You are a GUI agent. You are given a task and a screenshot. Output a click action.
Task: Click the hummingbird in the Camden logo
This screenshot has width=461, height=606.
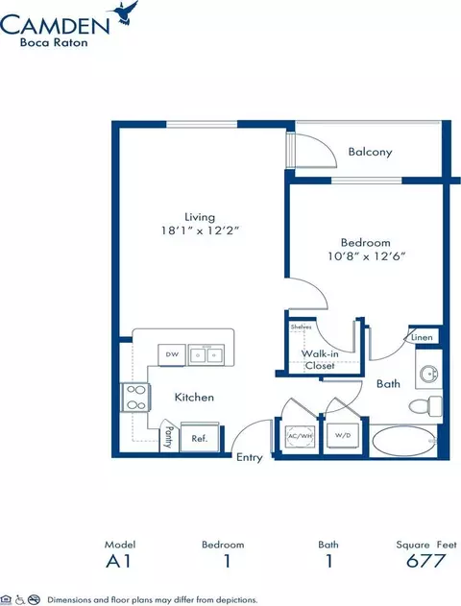pyautogui.click(x=124, y=13)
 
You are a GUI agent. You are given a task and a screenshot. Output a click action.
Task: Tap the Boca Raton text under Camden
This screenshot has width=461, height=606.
pyautogui.click(x=54, y=42)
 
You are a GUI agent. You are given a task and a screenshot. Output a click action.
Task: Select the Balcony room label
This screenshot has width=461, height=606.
pyautogui.click(x=370, y=152)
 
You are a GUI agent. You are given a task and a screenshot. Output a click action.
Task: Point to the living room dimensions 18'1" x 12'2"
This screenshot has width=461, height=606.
pyautogui.click(x=200, y=230)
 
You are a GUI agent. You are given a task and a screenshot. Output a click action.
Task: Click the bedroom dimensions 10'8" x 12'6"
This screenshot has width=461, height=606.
pyautogui.click(x=366, y=255)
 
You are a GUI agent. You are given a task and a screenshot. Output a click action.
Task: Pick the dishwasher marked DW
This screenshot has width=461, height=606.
pyautogui.click(x=172, y=354)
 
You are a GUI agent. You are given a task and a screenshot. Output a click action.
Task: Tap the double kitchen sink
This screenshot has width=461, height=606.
pyautogui.click(x=206, y=354)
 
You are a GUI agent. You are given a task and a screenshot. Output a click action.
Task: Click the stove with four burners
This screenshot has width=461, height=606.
pyautogui.click(x=134, y=398)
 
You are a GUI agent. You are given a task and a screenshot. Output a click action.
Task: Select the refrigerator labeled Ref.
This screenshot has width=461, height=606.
pyautogui.click(x=200, y=437)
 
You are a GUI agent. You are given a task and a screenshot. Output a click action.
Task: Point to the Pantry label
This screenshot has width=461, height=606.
pyautogui.click(x=168, y=437)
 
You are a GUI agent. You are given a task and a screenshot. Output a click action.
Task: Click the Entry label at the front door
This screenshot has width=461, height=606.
pyautogui.click(x=250, y=457)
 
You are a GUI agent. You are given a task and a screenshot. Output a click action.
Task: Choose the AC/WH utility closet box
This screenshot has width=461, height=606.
pyautogui.click(x=300, y=436)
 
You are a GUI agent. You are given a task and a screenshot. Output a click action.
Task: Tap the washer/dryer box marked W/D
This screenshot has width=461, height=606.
pyautogui.click(x=343, y=436)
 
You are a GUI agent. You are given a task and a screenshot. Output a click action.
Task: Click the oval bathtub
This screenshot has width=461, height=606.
pyautogui.click(x=403, y=442)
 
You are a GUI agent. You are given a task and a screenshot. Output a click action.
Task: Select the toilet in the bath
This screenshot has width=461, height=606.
pyautogui.click(x=425, y=406)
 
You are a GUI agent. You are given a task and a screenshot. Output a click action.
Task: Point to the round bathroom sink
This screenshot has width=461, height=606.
pyautogui.click(x=429, y=375)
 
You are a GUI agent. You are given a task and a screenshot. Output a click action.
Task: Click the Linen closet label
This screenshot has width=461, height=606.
pyautogui.click(x=422, y=337)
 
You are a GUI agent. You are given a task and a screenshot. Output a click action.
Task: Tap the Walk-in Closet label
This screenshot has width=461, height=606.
pyautogui.click(x=320, y=359)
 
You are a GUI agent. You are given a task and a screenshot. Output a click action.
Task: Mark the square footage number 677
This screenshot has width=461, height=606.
pyautogui.click(x=425, y=561)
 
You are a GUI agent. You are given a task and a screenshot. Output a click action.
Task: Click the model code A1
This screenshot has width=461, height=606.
pyautogui.click(x=119, y=561)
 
